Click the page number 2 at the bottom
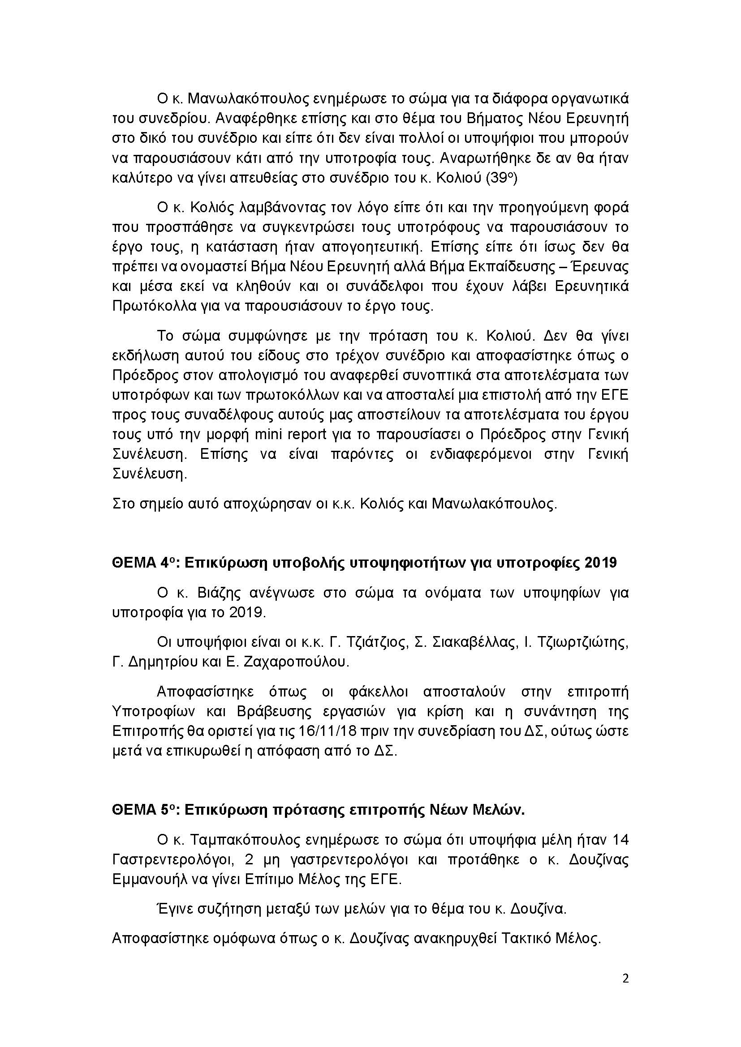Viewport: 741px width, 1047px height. coord(625,979)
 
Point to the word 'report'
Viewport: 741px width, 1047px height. coord(306,435)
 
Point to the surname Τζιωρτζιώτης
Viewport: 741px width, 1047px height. coord(584,642)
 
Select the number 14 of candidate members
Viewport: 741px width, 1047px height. coord(619,840)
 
